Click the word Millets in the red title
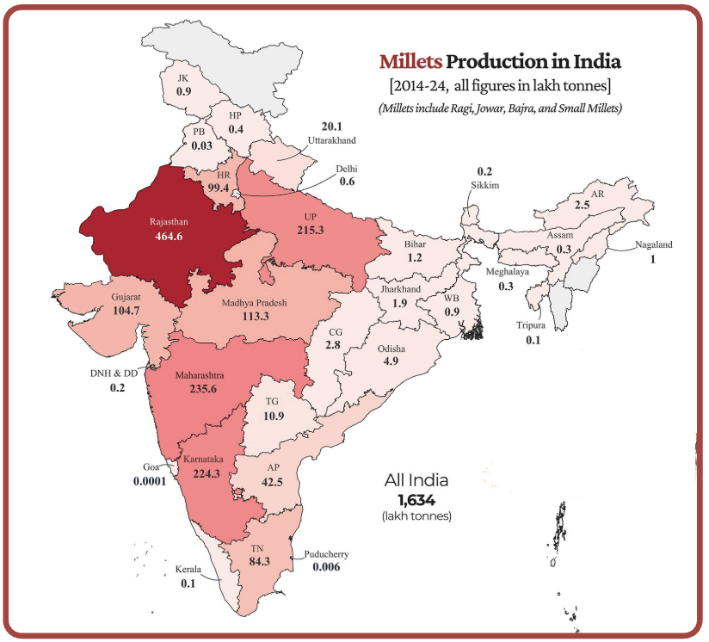pyautogui.click(x=410, y=62)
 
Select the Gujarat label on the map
pyautogui.click(x=126, y=296)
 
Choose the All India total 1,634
pyautogui.click(x=416, y=498)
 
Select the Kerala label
pyautogui.click(x=188, y=570)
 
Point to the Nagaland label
pyautogui.click(x=654, y=244)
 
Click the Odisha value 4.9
pyautogui.click(x=390, y=361)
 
